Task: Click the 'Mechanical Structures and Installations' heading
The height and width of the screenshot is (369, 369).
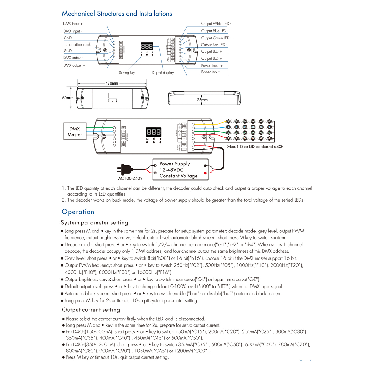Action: (x=117, y=14)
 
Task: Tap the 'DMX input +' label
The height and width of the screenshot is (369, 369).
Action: (x=73, y=24)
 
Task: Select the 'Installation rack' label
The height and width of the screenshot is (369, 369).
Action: (x=77, y=45)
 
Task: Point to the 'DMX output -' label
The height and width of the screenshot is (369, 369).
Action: (x=73, y=58)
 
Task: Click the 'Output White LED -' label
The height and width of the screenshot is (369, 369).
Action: (x=216, y=24)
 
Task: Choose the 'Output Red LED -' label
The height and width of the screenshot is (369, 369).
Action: (x=214, y=45)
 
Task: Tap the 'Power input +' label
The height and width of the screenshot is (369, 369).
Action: (x=212, y=66)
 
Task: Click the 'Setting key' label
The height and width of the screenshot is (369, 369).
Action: (x=127, y=73)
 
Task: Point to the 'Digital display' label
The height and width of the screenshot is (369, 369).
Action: (x=163, y=73)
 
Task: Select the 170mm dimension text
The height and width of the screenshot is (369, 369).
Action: (x=112, y=83)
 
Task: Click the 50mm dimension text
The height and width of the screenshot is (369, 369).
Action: (x=68, y=98)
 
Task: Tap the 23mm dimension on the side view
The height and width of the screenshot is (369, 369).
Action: (x=202, y=100)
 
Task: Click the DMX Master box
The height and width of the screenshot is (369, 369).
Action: (x=75, y=132)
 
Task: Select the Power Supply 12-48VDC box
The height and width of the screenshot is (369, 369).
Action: (x=181, y=170)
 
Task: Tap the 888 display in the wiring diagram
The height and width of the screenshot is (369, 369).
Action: (x=154, y=132)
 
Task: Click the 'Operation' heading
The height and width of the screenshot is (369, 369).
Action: (x=78, y=212)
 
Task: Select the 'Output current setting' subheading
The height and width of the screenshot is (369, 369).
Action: (x=91, y=310)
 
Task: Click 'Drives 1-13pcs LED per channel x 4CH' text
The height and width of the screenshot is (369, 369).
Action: (x=255, y=147)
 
